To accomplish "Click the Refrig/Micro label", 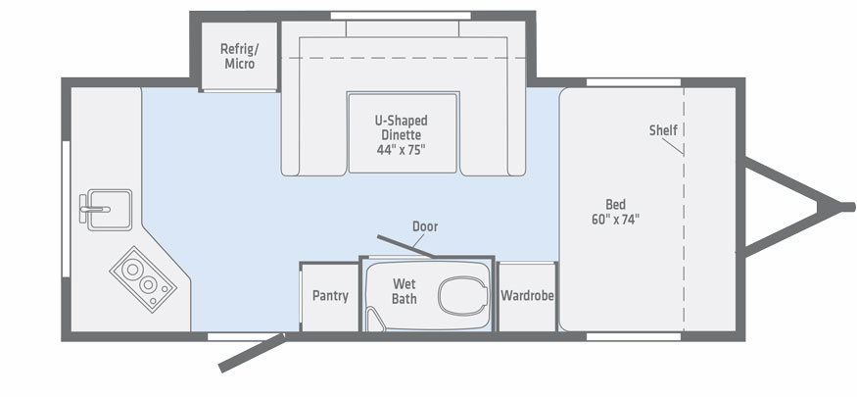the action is [x=240, y=56].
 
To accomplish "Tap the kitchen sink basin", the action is [x=110, y=210].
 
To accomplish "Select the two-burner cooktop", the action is [x=143, y=279].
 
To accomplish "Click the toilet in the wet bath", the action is [x=463, y=295].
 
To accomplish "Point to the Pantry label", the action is [x=330, y=296].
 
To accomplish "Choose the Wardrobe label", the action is [x=528, y=296].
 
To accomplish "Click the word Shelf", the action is [x=663, y=130].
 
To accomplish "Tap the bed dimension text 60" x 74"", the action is [x=615, y=220].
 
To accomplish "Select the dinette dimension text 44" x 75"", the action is [x=402, y=150].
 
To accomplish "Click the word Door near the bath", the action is [x=425, y=225].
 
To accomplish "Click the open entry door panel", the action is [x=252, y=353].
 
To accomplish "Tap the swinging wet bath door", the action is [x=405, y=245].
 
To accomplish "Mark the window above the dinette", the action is [x=401, y=16].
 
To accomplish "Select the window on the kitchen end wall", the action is [x=66, y=209].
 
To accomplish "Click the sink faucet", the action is [x=93, y=209].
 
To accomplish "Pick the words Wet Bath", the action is [x=404, y=291].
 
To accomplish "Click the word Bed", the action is [x=615, y=205].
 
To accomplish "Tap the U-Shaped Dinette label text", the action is [x=402, y=127].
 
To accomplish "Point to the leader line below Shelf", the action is [x=672, y=146].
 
